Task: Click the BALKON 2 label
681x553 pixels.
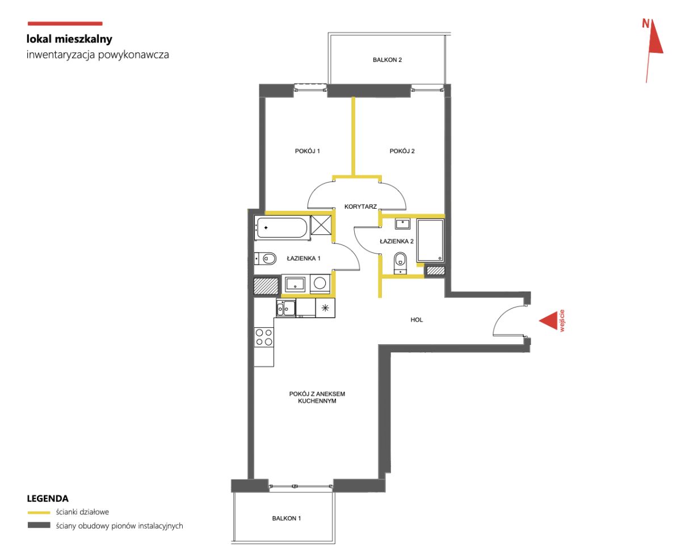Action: click(387, 60)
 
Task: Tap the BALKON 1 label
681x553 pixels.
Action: click(287, 518)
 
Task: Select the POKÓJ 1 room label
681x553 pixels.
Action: click(307, 151)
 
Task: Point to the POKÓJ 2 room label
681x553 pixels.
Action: click(402, 151)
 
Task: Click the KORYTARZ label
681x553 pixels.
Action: click(360, 206)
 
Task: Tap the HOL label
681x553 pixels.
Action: click(417, 320)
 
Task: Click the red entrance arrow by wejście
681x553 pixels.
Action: click(548, 320)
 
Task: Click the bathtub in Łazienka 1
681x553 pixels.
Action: click(282, 227)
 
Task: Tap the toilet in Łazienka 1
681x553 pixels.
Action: click(265, 259)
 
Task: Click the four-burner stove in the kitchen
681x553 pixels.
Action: click(264, 337)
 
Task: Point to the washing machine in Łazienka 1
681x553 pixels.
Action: click(320, 284)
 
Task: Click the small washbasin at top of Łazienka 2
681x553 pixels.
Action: click(402, 223)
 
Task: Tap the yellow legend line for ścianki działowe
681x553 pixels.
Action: click(39, 512)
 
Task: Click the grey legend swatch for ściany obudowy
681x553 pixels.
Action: click(39, 525)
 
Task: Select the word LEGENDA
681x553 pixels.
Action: click(48, 499)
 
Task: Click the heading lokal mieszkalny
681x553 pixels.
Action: click(69, 39)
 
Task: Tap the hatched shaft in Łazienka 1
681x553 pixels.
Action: click(266, 286)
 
